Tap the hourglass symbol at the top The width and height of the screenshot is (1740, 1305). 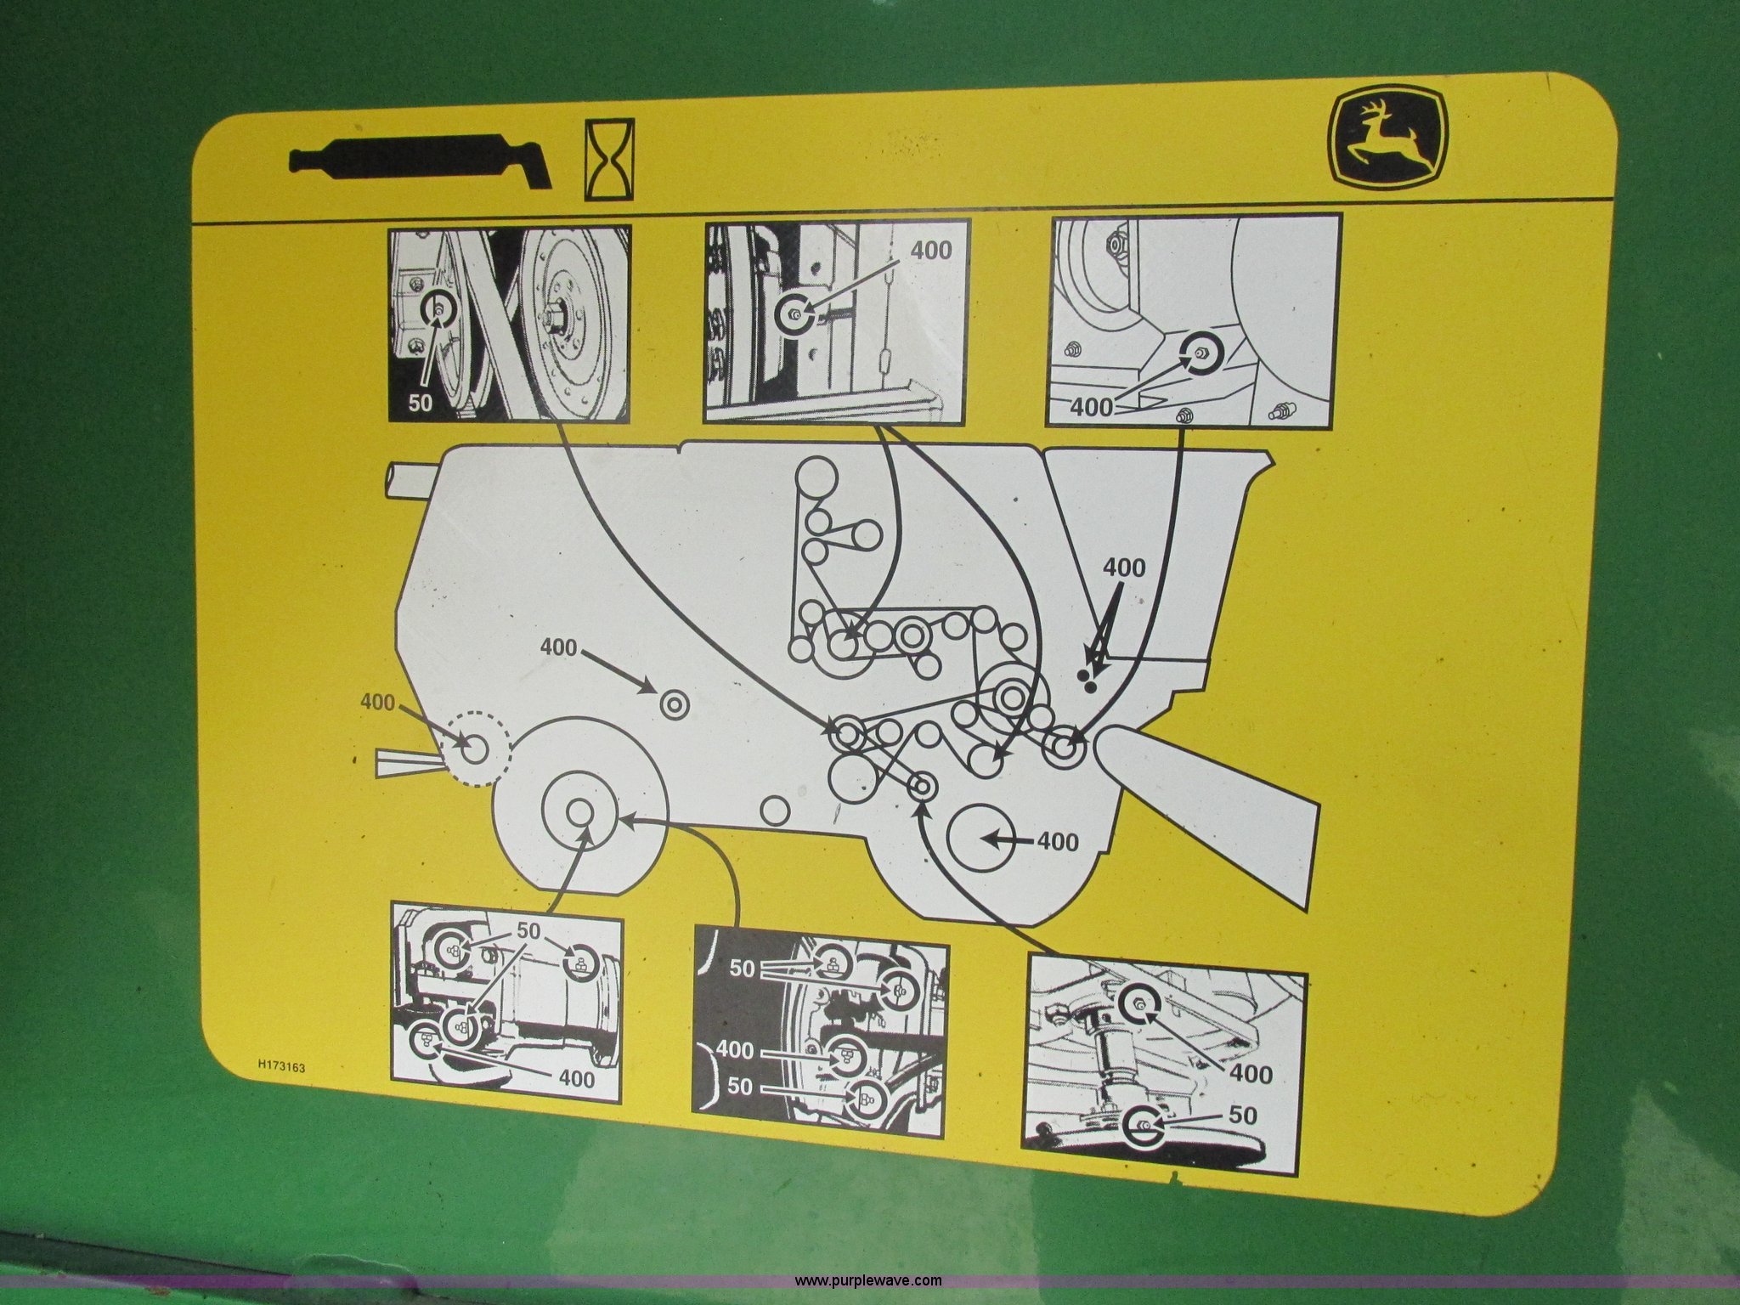[609, 160]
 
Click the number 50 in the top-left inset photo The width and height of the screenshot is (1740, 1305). [420, 403]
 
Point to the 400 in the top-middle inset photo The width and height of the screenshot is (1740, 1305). [931, 250]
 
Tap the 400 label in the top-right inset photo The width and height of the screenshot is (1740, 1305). [1091, 407]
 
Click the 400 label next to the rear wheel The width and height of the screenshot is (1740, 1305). [1058, 842]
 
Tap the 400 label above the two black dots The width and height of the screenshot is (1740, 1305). [1123, 568]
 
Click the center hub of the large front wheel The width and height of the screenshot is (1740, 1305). [580, 811]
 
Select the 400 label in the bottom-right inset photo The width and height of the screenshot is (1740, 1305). [1251, 1075]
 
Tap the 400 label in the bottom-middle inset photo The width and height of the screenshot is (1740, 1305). [735, 1051]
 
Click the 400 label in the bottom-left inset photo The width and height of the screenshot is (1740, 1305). [577, 1079]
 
